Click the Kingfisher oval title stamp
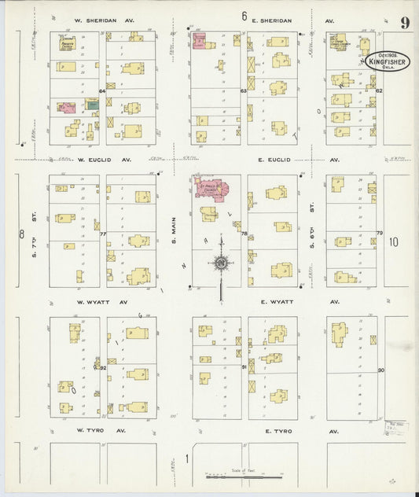point(381,60)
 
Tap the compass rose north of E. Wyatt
point(222,262)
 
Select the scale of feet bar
point(244,477)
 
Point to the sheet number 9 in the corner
point(404,22)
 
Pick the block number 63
point(244,91)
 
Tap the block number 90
point(380,370)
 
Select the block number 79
point(380,234)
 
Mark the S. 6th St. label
point(312,230)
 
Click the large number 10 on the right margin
point(394,243)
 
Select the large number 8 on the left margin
point(22,234)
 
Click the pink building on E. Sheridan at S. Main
point(200,41)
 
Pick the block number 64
point(103,92)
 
